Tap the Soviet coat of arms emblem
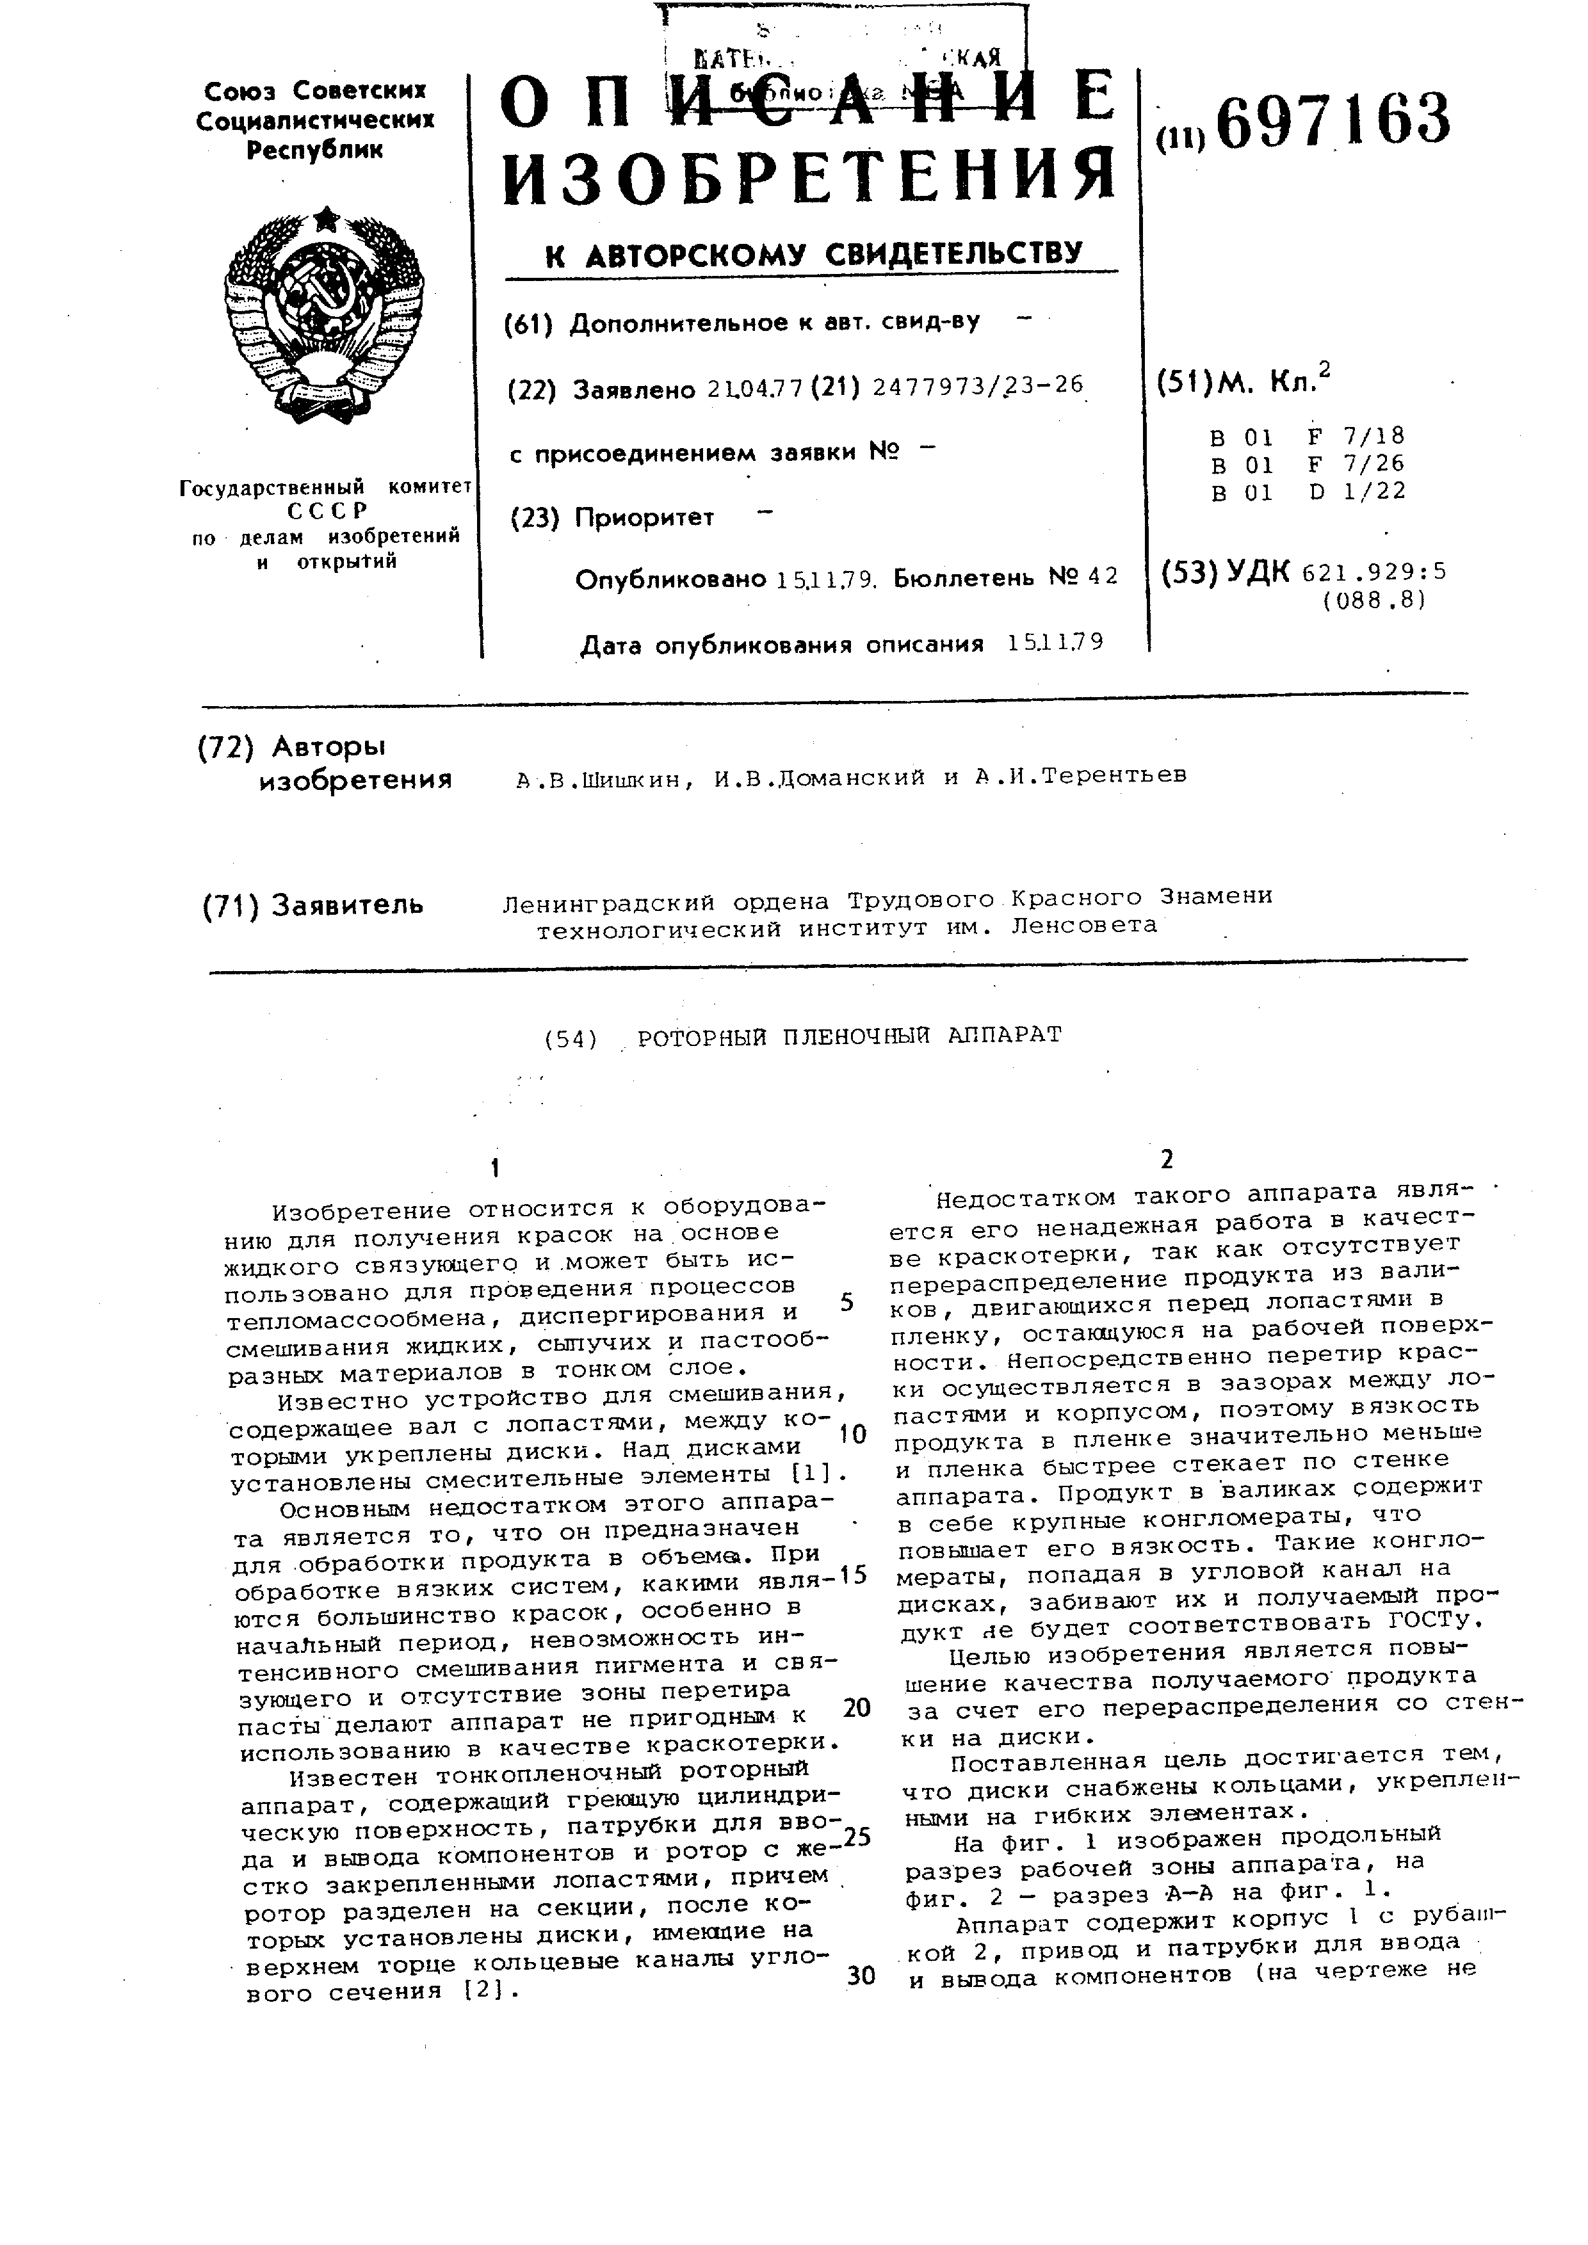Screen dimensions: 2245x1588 pyautogui.click(x=325, y=318)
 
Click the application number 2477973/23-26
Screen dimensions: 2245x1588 pyautogui.click(x=977, y=386)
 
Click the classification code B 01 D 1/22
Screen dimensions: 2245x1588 pyautogui.click(x=1308, y=492)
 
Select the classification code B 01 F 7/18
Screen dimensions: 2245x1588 pyautogui.click(x=1308, y=436)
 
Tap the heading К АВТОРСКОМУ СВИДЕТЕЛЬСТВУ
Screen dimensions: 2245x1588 pyautogui.click(x=814, y=255)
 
